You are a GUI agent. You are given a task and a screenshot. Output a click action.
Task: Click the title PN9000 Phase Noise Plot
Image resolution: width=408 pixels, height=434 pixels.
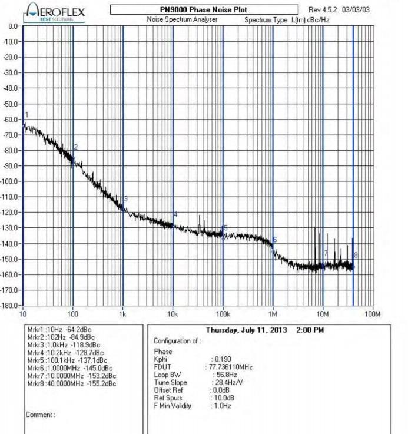203,10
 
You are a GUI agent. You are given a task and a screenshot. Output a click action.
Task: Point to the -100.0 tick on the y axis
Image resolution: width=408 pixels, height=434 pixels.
11,181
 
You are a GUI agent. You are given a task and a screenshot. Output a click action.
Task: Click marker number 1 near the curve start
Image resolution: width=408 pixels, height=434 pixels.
26,114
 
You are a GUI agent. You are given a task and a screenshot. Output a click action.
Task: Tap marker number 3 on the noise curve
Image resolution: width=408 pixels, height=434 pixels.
126,199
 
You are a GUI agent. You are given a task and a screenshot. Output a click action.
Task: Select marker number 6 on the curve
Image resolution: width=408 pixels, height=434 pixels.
275,240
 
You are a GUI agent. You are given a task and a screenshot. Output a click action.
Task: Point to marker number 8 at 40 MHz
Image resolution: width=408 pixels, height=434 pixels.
356,255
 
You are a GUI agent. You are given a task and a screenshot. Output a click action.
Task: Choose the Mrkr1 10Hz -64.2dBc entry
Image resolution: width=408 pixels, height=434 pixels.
59,329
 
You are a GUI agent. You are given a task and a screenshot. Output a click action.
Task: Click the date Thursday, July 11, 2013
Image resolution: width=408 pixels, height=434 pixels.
246,330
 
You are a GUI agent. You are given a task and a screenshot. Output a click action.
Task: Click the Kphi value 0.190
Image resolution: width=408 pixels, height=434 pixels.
223,359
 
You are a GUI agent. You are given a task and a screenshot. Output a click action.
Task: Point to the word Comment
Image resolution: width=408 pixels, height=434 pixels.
40,415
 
